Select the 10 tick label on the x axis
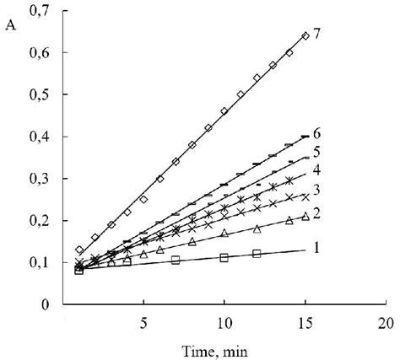pos(224,323)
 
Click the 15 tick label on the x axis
pos(305,323)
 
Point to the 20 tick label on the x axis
pos(386,323)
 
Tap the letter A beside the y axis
pos(11,24)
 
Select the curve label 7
pos(316,34)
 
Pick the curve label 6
pos(316,134)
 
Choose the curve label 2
pos(316,215)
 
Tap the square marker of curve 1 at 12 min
pos(257,253)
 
